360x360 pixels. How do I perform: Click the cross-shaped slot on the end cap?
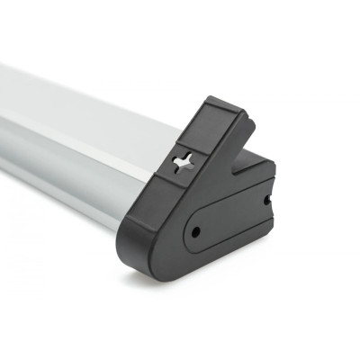(181, 164)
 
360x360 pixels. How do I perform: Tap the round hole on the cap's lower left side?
(195, 232)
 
